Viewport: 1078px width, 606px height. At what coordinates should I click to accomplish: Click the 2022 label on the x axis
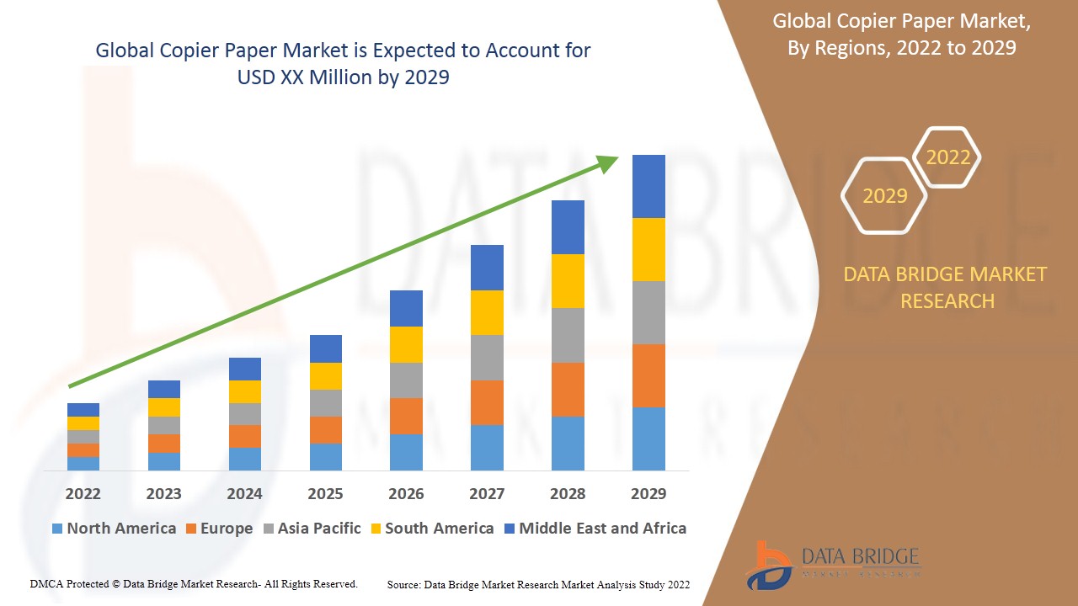point(83,493)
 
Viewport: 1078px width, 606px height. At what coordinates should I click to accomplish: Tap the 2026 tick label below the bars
point(406,493)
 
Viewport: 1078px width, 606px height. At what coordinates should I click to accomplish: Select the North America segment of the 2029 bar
point(648,439)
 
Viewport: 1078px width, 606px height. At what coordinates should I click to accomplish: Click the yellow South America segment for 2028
point(568,281)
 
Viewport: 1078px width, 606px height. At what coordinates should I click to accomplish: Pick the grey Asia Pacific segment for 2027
point(487,358)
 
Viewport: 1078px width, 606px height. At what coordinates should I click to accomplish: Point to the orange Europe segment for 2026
point(406,416)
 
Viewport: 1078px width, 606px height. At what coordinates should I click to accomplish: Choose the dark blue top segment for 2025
point(326,348)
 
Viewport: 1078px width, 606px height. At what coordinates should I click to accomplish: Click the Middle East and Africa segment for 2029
point(648,186)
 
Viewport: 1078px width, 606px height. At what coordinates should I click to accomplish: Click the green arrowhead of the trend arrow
point(608,163)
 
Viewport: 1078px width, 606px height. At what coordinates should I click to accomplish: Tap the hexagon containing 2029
point(884,195)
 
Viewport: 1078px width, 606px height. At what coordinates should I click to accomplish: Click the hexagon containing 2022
point(947,157)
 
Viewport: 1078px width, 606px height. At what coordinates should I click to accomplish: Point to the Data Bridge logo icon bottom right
point(768,564)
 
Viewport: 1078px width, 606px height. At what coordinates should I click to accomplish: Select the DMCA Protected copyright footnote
point(194,583)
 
